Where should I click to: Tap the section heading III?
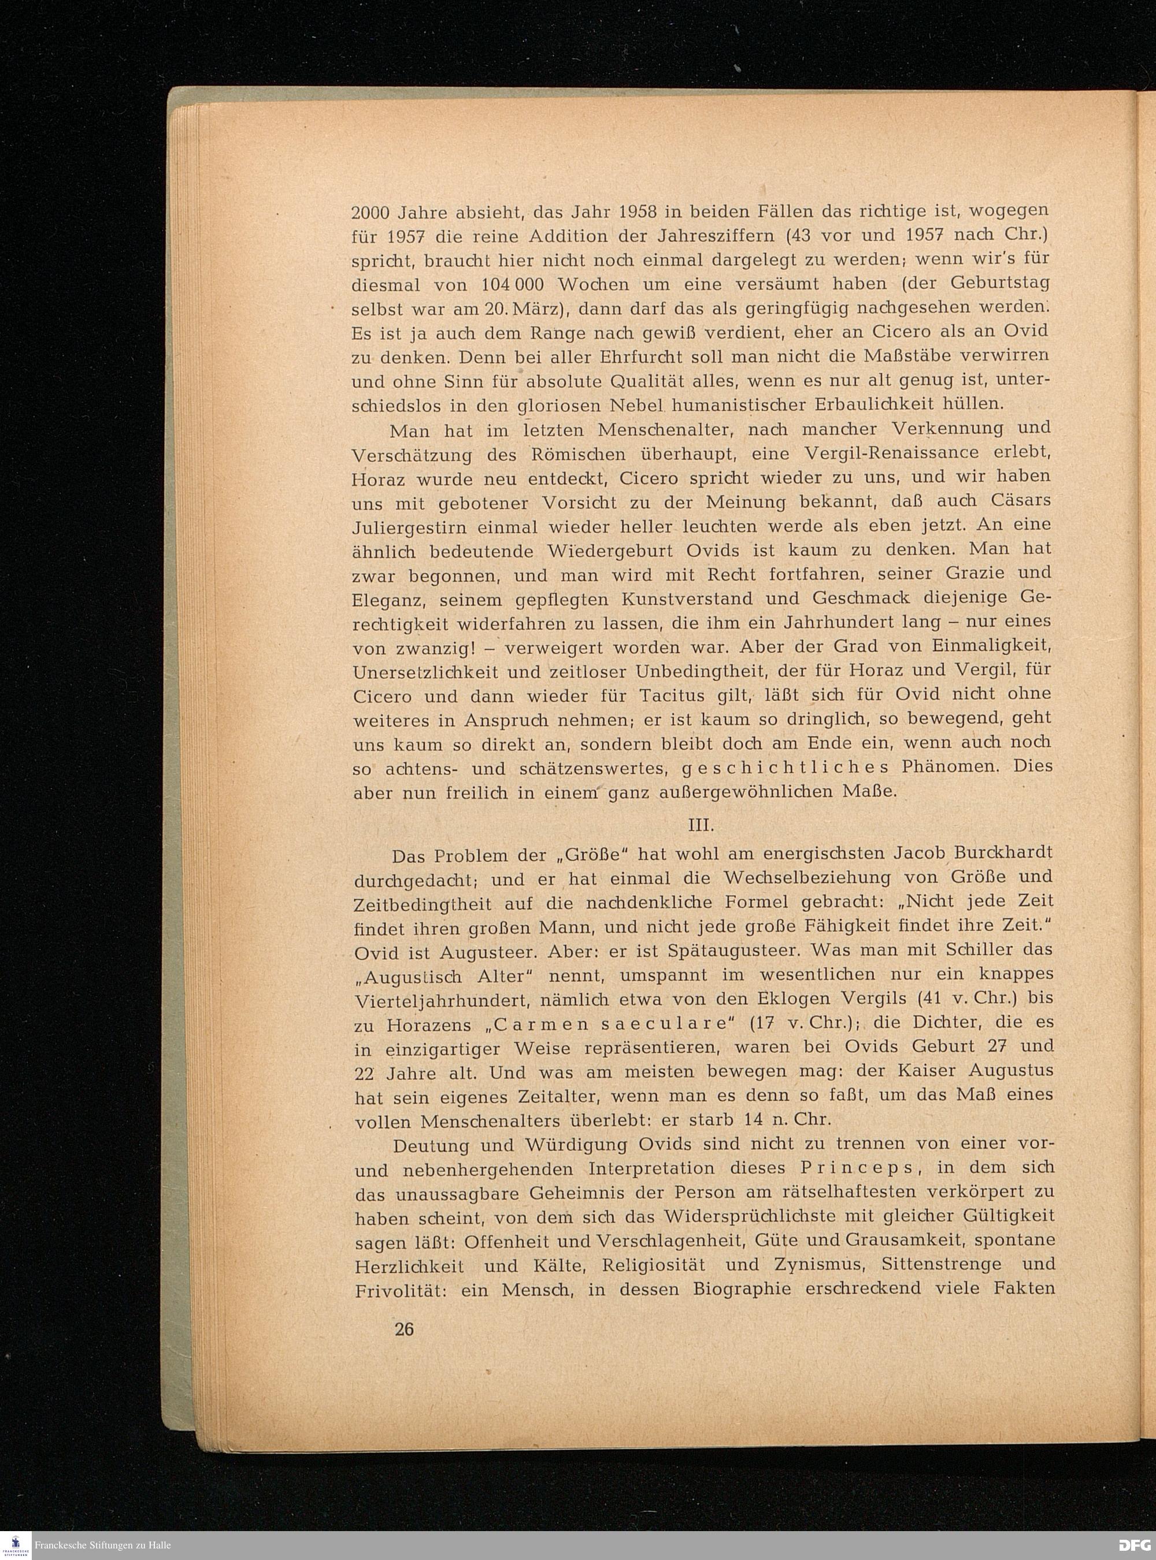point(701,826)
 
